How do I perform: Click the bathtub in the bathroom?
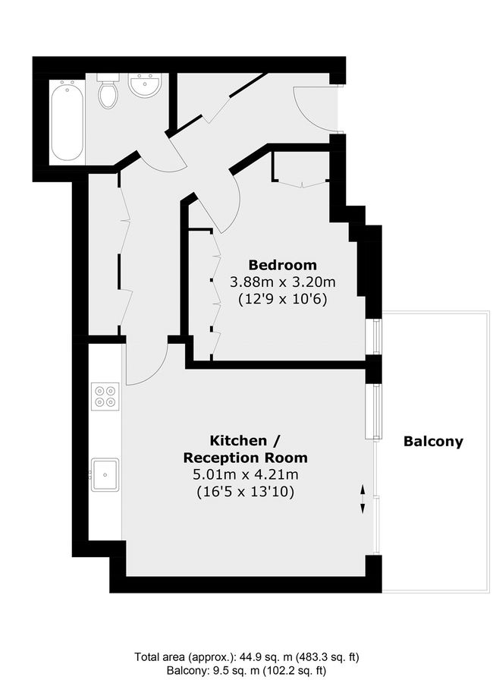pos(68,121)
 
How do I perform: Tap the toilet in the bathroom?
pos(108,92)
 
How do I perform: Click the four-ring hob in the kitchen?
pos(105,395)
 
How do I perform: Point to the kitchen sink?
pos(104,474)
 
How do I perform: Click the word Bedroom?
pos(282,266)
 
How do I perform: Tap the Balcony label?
pos(433,442)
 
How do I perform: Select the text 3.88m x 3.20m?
pos(282,282)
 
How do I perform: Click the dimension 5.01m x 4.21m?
pos(245,475)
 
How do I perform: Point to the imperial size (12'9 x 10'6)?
pos(282,299)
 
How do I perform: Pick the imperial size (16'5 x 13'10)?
pos(245,492)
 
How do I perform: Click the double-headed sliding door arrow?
pos(362,498)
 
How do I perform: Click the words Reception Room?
pos(245,458)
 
